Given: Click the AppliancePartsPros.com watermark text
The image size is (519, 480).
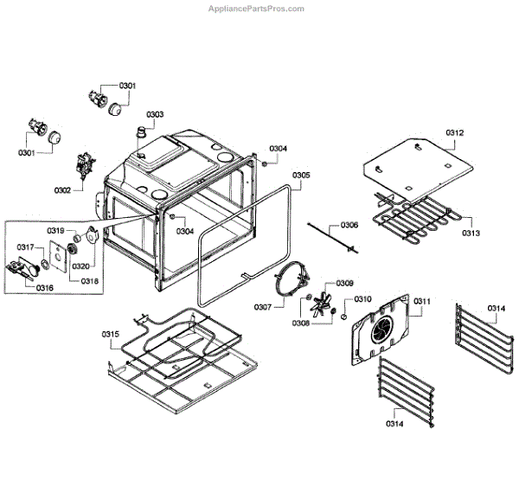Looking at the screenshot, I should click(x=259, y=9).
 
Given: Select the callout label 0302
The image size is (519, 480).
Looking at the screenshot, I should click(x=62, y=190).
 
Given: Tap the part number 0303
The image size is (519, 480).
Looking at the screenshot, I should click(x=155, y=114).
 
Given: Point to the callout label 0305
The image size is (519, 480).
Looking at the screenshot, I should click(x=301, y=176).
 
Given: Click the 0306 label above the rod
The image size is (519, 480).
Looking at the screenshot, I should click(x=349, y=225).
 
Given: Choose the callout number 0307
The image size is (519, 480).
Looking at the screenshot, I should click(x=263, y=307).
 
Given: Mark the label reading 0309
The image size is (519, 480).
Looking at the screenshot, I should click(x=344, y=283).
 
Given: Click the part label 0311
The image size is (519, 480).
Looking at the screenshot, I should click(x=421, y=301).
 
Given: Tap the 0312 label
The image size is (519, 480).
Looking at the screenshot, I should click(x=455, y=132).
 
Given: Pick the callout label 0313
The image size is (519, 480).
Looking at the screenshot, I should click(x=471, y=233).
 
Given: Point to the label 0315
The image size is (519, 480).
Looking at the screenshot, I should click(x=110, y=334).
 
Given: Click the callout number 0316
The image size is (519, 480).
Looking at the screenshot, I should click(x=45, y=287).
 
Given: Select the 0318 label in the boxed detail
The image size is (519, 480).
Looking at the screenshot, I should click(x=90, y=281).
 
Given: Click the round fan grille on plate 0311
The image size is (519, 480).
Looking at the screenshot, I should click(x=381, y=332).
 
